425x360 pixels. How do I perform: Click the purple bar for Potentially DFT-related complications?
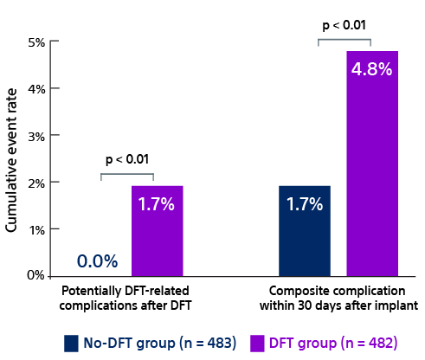point(158,231)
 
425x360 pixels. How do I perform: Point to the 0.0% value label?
point(97,261)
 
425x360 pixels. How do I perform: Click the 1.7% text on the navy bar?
point(305,205)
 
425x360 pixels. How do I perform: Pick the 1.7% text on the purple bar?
point(157,205)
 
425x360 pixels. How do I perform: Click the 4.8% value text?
point(372,69)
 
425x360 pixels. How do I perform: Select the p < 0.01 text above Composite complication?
point(344,25)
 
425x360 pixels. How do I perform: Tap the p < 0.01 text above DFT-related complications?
point(127,159)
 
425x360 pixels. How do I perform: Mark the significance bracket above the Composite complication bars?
point(344,39)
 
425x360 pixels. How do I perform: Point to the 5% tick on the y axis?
point(37,42)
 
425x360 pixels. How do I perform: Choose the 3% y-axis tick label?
point(37,136)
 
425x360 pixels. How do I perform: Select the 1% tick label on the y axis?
point(37,229)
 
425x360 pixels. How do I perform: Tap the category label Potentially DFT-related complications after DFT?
point(126,298)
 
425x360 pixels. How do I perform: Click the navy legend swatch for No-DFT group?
point(72,343)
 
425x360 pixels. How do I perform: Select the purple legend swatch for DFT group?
point(258,343)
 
